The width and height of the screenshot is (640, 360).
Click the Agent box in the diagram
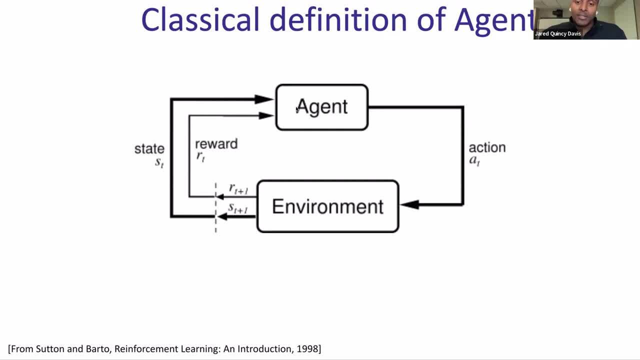point(322,107)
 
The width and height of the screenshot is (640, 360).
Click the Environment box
point(327,206)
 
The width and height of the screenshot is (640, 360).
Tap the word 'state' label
point(149,148)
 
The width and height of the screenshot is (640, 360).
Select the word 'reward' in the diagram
point(216,144)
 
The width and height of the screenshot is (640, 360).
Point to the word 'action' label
point(487,147)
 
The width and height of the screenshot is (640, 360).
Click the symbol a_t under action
point(474,160)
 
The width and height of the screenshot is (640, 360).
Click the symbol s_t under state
point(159,162)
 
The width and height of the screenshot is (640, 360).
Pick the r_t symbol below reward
point(200,156)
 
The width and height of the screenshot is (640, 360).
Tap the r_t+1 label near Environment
point(238,189)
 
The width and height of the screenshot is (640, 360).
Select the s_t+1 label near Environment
point(237,208)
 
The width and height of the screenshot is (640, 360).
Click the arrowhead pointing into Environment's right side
point(409,204)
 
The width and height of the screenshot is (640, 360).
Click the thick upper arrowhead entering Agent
point(263,99)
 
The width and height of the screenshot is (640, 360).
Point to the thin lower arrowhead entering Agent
point(266,115)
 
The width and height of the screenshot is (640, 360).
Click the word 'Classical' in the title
point(200,20)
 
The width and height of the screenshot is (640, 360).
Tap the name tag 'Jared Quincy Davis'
point(557,34)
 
